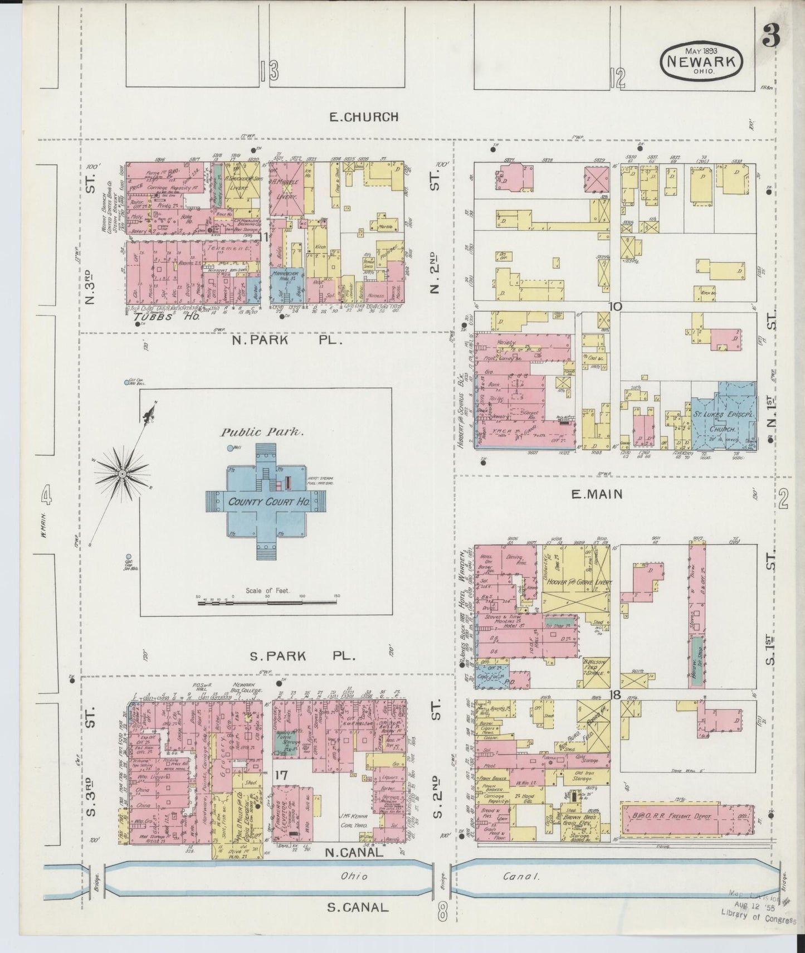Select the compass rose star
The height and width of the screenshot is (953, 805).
121,474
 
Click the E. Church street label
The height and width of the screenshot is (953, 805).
364,117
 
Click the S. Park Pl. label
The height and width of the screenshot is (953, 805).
301,656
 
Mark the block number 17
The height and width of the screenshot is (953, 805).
281,774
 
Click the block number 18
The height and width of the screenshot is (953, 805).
615,695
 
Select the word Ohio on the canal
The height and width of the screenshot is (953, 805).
355,876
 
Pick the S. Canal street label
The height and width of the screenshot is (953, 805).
357,907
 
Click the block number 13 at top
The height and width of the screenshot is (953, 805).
269,71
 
